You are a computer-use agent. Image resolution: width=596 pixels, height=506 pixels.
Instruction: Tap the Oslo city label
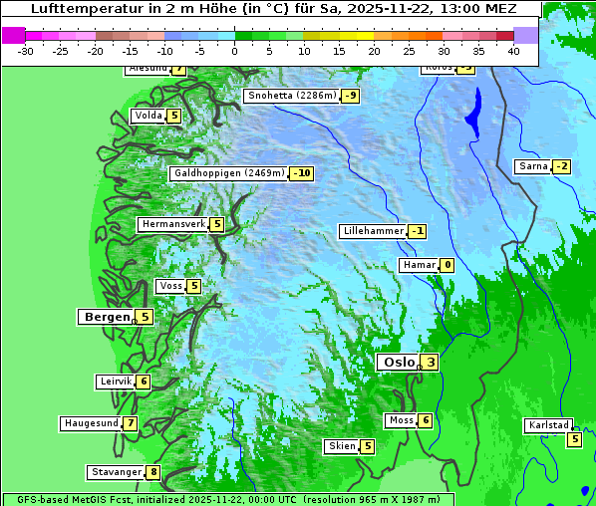pyautogui.click(x=398, y=363)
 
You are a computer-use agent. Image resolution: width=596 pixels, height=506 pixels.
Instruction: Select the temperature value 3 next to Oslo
pyautogui.click(x=430, y=363)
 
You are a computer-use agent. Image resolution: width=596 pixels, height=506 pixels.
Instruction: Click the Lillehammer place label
pyautogui.click(x=373, y=231)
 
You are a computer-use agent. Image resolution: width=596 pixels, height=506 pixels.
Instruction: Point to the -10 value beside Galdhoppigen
pyautogui.click(x=302, y=173)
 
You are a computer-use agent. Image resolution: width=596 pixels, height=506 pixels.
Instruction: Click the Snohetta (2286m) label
pyautogui.click(x=292, y=96)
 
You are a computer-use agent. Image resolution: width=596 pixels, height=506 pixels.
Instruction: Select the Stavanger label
pyautogui.click(x=116, y=472)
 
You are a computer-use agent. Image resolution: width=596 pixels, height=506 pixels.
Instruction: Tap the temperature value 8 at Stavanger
pyautogui.click(x=153, y=472)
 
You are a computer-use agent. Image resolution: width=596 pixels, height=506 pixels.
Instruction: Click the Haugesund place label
pyautogui.click(x=91, y=423)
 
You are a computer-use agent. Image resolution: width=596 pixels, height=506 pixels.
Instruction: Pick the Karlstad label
pyautogui.click(x=548, y=425)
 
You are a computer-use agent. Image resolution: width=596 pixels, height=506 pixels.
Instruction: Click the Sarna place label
pyautogui.click(x=533, y=166)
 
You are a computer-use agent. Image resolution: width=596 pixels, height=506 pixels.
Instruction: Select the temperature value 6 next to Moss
pyautogui.click(x=426, y=420)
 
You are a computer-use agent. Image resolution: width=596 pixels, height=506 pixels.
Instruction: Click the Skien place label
pyautogui.click(x=342, y=446)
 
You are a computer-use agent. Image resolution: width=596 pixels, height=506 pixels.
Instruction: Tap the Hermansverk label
pyautogui.click(x=173, y=224)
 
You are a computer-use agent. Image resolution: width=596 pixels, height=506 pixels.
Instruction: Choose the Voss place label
pyautogui.click(x=170, y=286)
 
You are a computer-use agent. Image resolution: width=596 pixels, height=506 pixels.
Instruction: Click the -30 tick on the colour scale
pyautogui.click(x=26, y=50)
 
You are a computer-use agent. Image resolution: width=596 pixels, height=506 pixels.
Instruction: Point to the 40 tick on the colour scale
pyautogui.click(x=512, y=50)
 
